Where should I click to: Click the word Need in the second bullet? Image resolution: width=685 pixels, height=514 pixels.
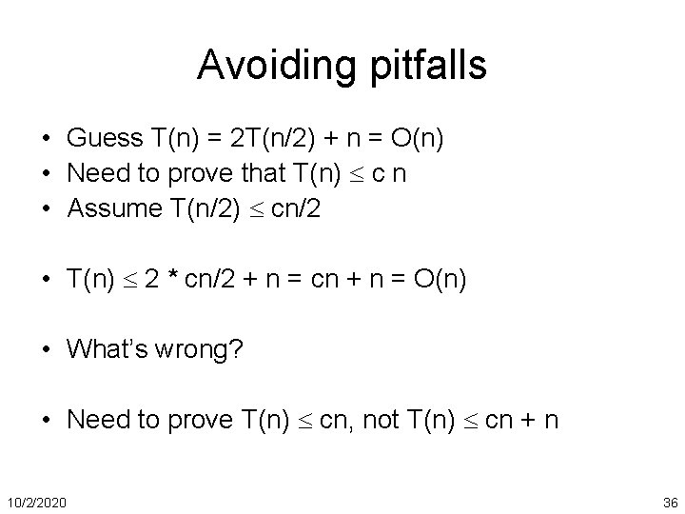coord(97,174)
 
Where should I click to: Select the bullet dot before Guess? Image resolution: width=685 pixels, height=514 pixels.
coord(47,140)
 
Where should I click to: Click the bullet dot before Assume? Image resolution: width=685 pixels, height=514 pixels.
coord(47,210)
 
